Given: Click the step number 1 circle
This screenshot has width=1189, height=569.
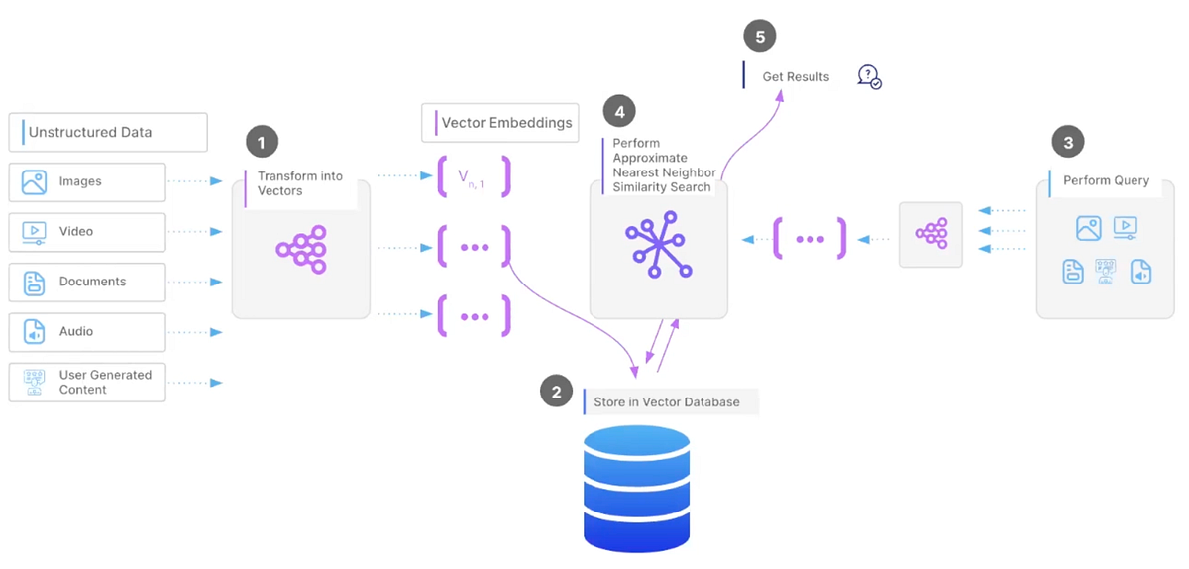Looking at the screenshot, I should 262,143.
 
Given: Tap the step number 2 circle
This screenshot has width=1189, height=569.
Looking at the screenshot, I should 556,392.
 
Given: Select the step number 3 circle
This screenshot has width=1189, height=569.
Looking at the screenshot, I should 1067,143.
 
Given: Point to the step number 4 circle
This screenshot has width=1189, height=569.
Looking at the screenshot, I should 619,112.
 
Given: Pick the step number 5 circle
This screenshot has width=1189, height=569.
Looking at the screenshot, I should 760,37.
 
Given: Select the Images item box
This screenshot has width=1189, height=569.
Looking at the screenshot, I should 87,182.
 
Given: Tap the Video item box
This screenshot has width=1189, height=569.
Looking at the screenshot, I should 87,232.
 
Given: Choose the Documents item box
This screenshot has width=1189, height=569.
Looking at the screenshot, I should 87,282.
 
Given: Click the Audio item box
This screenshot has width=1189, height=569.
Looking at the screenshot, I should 87,332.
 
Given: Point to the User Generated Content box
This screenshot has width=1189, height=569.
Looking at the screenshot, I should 87,382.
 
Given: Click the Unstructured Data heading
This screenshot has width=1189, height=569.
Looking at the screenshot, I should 108,132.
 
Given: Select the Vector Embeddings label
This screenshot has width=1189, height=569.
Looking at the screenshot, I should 501,123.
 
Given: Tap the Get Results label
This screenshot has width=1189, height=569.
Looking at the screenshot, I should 795,76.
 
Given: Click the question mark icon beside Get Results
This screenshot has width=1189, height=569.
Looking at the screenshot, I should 869,76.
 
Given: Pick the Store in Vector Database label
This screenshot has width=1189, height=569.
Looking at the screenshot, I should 666,401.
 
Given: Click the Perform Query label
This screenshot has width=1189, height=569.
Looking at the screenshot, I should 1106,181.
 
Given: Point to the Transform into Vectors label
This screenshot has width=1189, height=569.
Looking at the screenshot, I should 299,183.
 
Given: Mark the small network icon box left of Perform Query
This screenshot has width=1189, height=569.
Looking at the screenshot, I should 930,235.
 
